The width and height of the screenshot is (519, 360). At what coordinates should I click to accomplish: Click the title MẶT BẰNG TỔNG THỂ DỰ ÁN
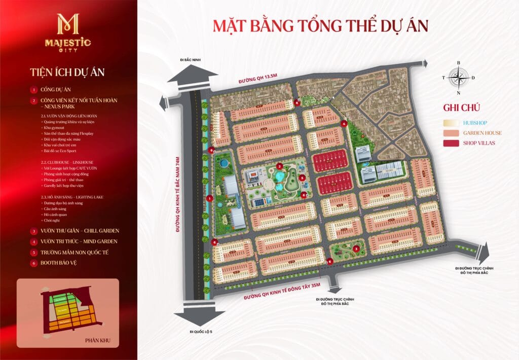[320, 25]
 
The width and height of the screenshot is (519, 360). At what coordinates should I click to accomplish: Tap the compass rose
[459, 78]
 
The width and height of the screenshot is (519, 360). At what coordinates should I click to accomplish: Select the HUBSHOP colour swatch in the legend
[450, 123]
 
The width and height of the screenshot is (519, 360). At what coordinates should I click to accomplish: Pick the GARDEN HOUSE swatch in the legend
[450, 133]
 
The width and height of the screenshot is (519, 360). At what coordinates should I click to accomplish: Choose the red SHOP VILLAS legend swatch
[450, 143]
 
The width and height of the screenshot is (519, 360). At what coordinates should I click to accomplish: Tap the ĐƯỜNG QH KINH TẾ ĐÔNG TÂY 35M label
[282, 292]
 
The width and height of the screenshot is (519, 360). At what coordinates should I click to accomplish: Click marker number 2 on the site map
[279, 166]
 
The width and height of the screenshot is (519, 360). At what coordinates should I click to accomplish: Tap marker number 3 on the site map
[356, 248]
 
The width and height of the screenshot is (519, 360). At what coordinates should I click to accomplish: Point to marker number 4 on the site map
[344, 123]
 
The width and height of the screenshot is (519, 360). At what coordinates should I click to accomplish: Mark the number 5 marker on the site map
[302, 178]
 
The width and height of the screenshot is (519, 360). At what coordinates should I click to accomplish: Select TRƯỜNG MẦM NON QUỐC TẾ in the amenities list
[75, 252]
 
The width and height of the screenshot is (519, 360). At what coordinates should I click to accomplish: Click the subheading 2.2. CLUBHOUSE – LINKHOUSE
[69, 162]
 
